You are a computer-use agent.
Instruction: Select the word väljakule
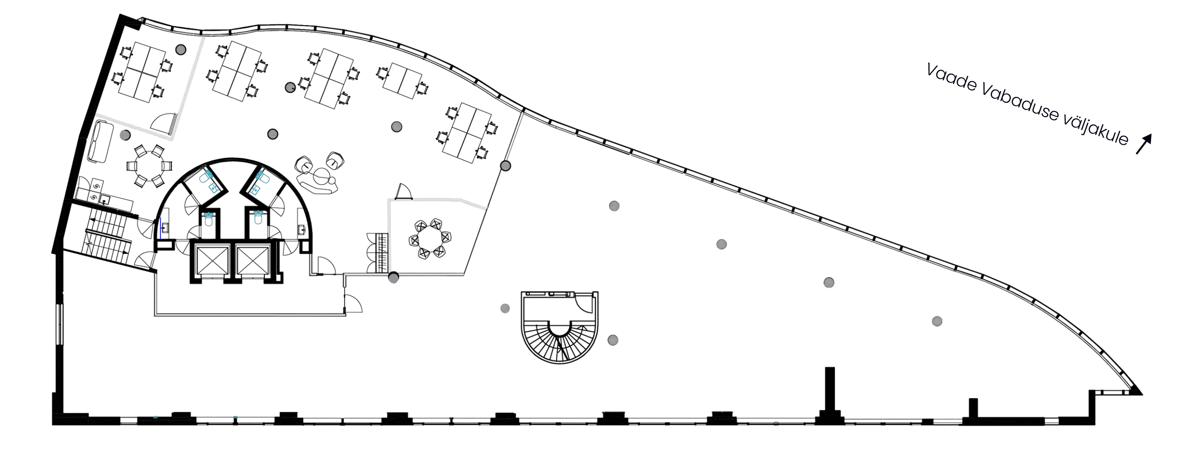coord(1096,130)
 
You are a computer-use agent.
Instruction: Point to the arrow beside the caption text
coord(1144,144)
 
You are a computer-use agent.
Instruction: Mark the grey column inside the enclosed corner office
coord(181,49)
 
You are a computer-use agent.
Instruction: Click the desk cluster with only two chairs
coord(402,81)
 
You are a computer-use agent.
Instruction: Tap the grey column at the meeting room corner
coord(394,278)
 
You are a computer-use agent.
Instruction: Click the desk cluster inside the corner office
coord(140,72)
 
